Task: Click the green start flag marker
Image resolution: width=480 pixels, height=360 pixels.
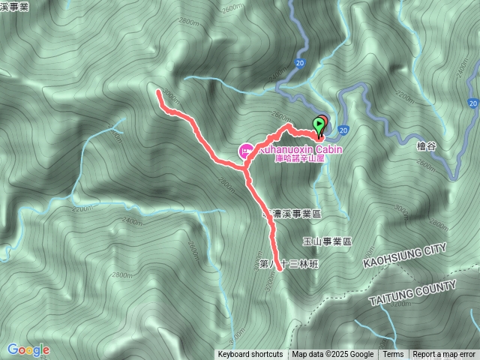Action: click(x=321, y=124)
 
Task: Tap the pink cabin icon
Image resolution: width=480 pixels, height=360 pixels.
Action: click(x=244, y=151)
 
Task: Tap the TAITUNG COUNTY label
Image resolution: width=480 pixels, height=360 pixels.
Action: click(x=412, y=292)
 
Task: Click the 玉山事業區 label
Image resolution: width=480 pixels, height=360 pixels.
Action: click(x=327, y=241)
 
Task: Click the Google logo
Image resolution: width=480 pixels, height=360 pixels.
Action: click(x=28, y=349)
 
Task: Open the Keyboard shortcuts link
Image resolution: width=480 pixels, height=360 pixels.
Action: click(x=250, y=355)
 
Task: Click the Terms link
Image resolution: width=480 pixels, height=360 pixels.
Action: click(x=393, y=355)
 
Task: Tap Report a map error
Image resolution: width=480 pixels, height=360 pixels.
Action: click(x=444, y=355)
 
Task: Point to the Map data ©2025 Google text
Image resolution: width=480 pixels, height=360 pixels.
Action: click(x=333, y=355)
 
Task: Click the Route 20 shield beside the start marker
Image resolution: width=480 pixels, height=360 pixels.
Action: click(x=343, y=130)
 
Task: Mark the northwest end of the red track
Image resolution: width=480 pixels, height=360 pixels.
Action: click(x=158, y=92)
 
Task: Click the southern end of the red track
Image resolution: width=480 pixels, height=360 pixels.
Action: click(x=279, y=268)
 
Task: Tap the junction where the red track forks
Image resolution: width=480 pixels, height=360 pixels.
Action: click(x=246, y=174)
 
